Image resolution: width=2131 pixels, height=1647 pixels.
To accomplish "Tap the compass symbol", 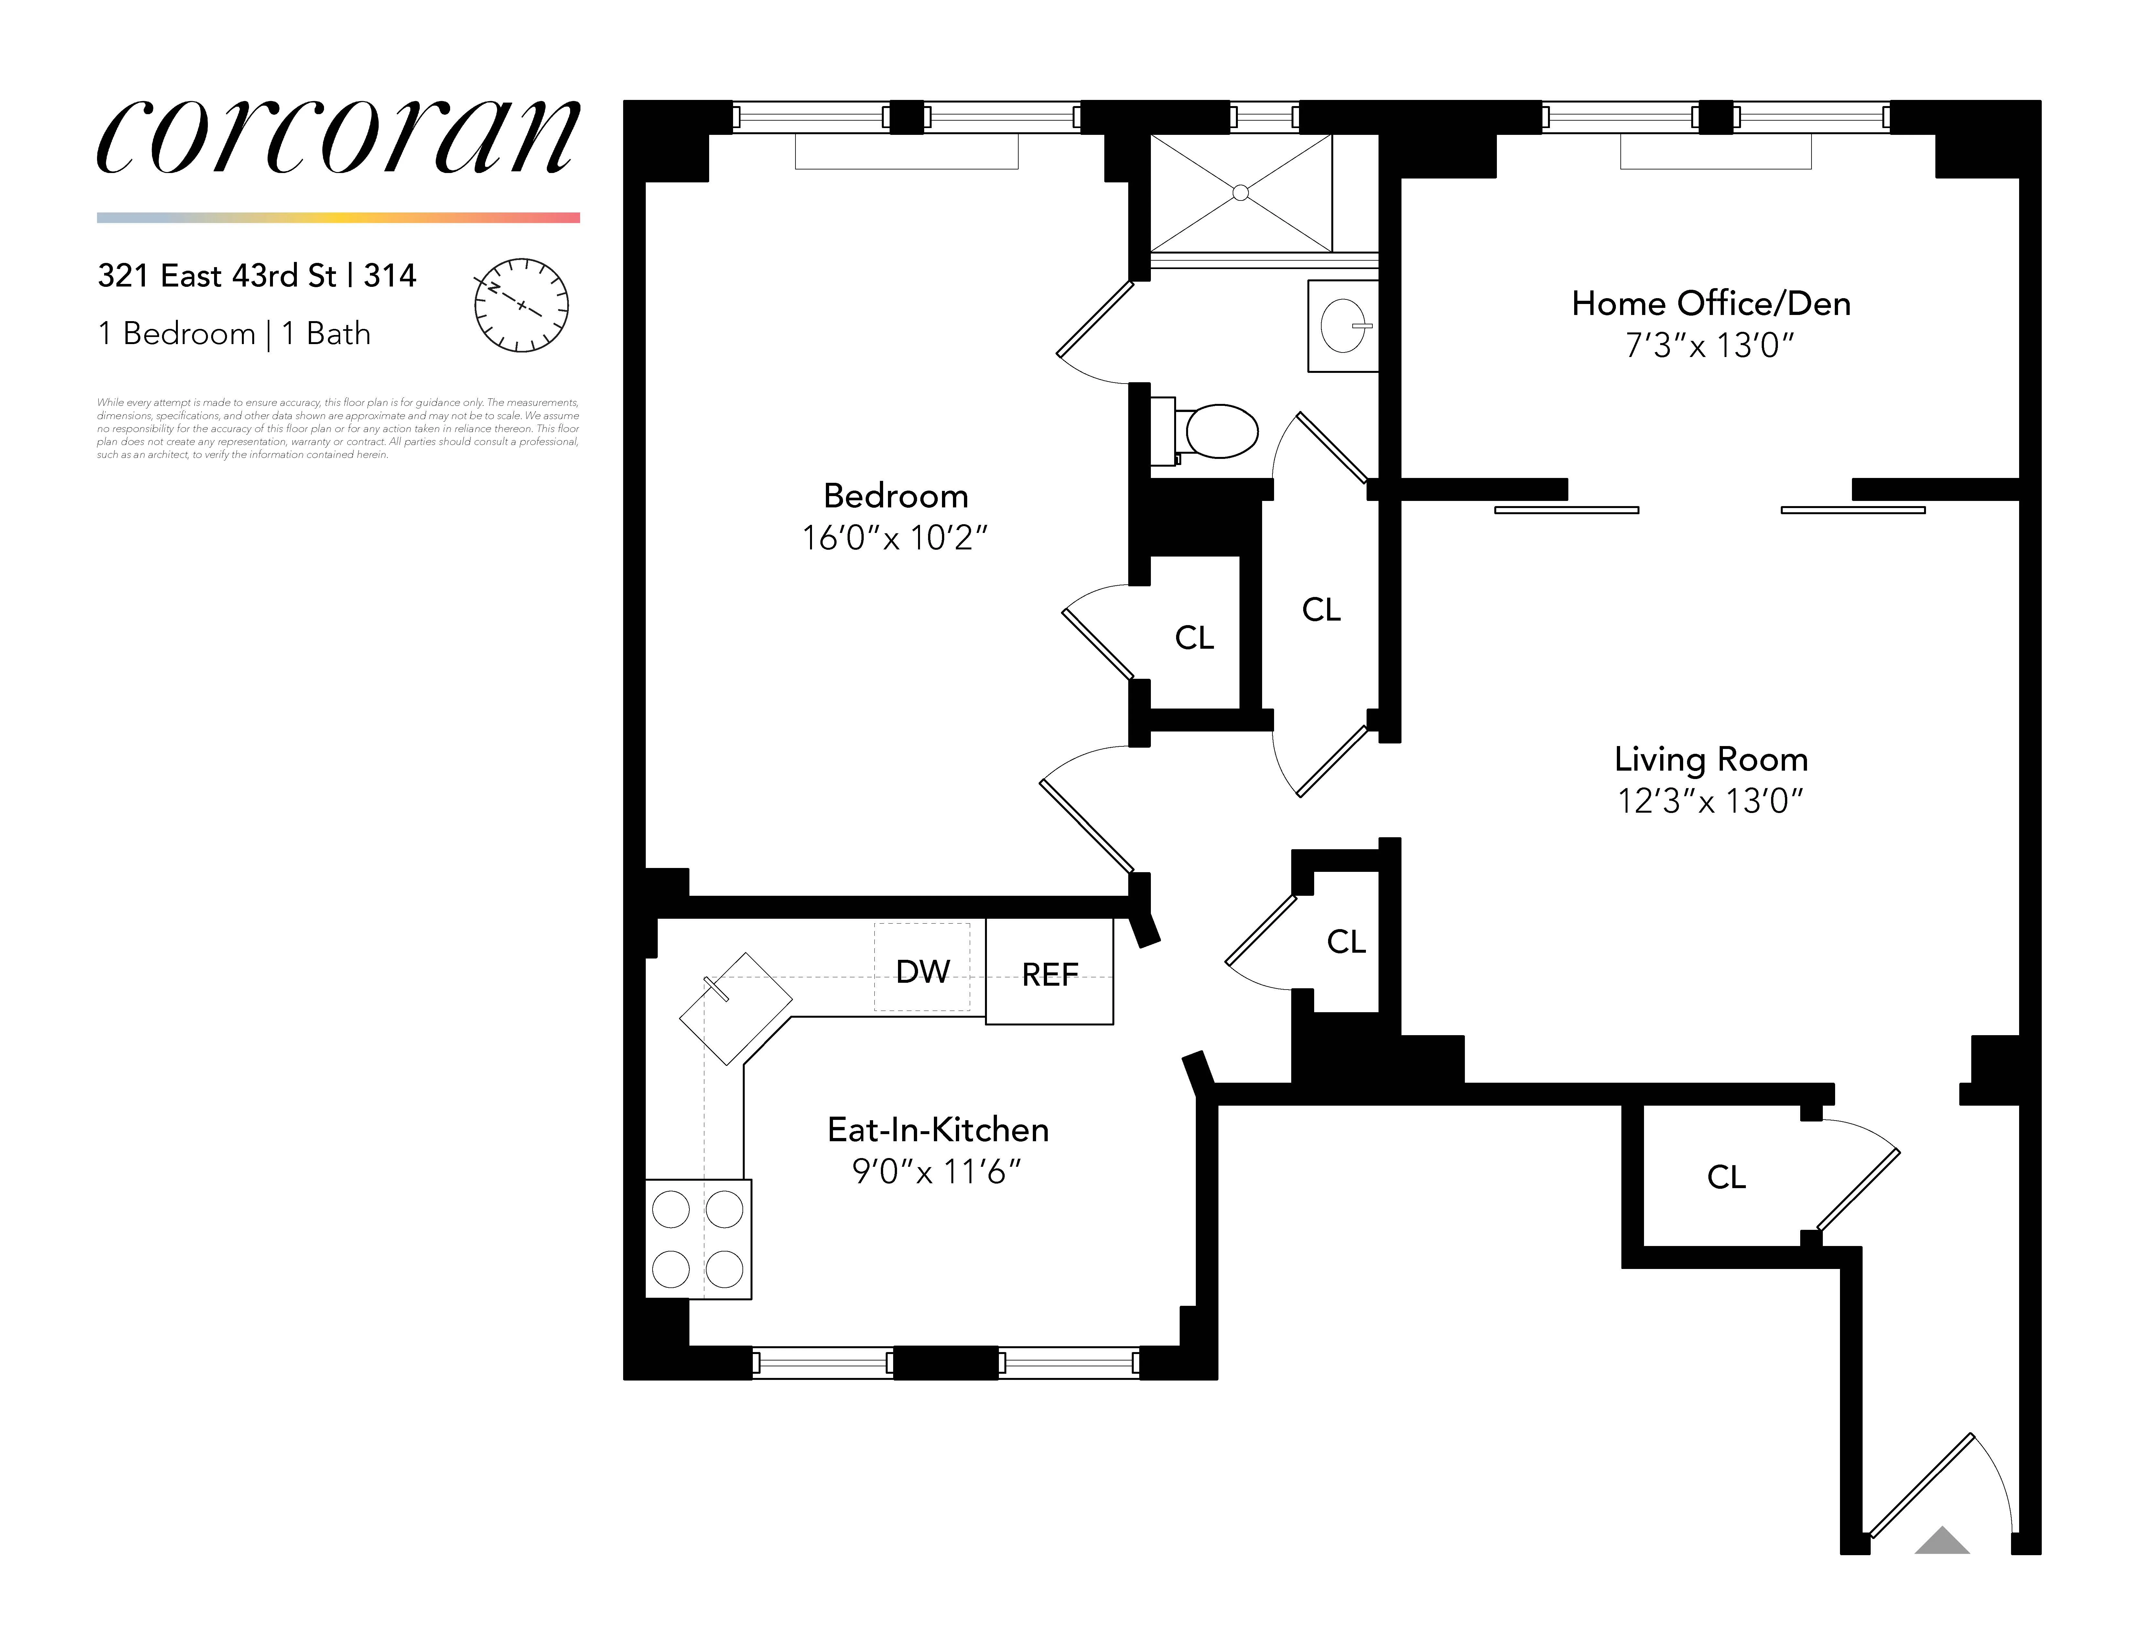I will pos(521,305).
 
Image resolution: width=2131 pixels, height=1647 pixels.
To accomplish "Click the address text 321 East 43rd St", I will pos(217,276).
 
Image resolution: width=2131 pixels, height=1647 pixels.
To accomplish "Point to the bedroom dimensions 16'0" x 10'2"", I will pos(895,537).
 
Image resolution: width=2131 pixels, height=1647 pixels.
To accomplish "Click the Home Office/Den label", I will pos(1711,303).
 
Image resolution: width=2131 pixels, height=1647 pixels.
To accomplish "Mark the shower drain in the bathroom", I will pos(1240,193).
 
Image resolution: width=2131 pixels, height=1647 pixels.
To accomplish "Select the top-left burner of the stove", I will pos(670,1210).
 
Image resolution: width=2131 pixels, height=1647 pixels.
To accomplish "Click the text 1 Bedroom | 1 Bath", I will pos(234,334).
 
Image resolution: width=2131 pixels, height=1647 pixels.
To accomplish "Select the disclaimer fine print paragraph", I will pos(338,428).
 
